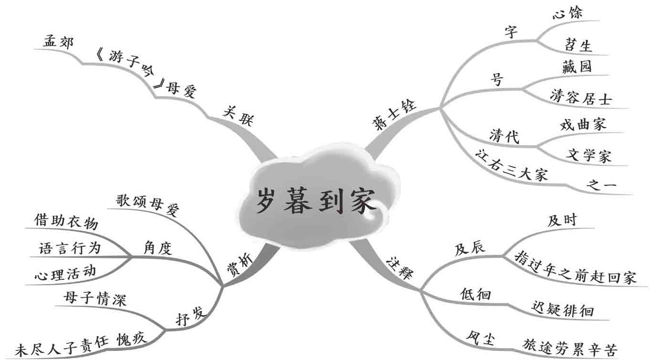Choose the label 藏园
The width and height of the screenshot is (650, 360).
pos(577,66)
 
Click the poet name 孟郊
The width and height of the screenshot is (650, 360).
pos(58,42)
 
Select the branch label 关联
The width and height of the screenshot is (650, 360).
pos(238,115)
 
